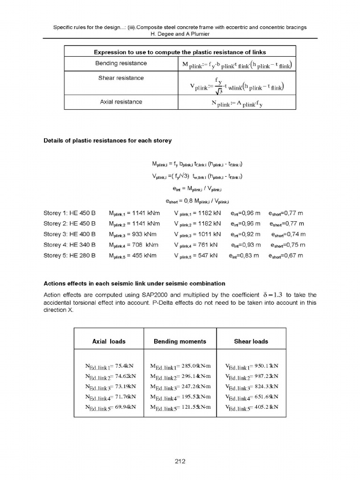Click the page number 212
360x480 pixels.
[x=180, y=462]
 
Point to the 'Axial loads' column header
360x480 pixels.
[x=109, y=341]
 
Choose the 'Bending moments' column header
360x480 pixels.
[x=180, y=341]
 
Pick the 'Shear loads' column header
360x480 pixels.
[x=251, y=341]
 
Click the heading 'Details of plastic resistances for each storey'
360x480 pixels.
[x=107, y=141]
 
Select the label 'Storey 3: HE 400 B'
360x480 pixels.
[x=69, y=234]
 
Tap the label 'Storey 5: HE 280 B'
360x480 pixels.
[x=69, y=255]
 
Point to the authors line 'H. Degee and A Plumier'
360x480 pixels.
[x=180, y=34]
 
